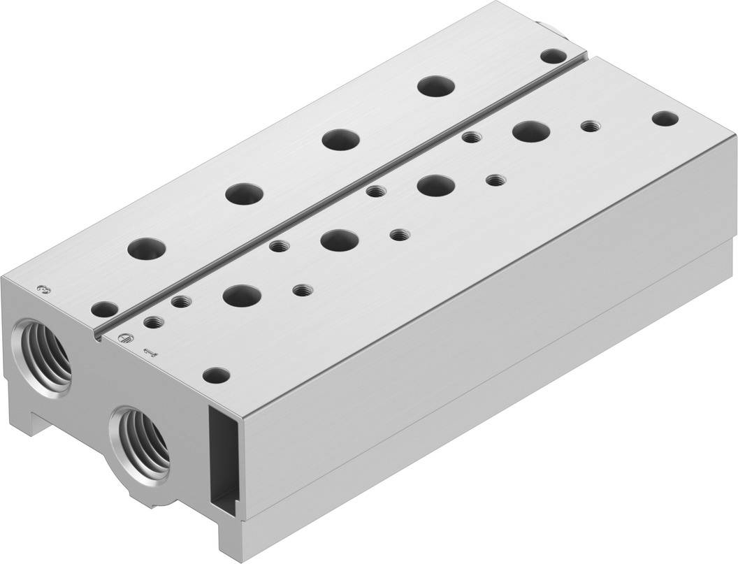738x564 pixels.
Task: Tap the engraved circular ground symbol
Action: coord(124,338)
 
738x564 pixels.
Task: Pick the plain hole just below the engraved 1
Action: coord(216,375)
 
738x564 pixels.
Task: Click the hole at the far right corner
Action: coord(665,118)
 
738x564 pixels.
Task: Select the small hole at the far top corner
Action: coord(554,55)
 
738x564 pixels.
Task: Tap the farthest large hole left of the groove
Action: coord(436,87)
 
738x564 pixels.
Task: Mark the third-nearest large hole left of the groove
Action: coord(340,138)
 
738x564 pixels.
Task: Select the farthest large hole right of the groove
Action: coord(530,130)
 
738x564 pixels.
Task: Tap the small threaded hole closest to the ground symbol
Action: coord(153,322)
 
